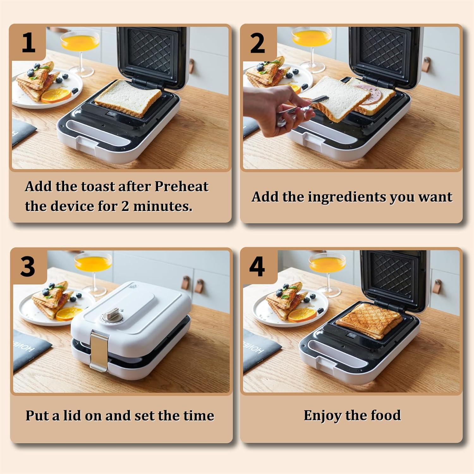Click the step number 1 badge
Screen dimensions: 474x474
(28, 43)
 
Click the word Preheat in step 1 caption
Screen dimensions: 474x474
(181, 186)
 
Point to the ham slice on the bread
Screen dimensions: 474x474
(367, 95)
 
